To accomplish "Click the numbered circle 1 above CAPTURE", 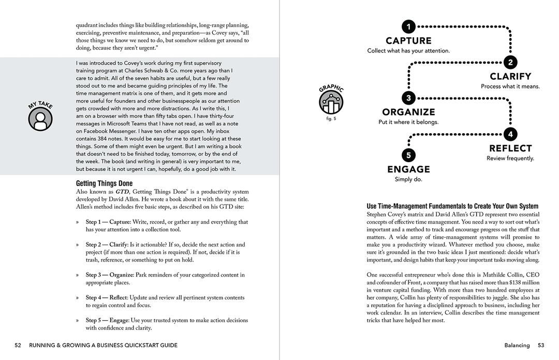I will (408, 26).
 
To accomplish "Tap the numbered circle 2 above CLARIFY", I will (510, 63).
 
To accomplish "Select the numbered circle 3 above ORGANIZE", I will (408, 98).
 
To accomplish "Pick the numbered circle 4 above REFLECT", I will (510, 134).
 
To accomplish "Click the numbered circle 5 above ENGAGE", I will (408, 155).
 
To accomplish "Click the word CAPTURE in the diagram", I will (408, 40).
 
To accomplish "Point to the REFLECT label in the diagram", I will (510, 149).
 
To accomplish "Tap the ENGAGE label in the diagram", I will (408, 169).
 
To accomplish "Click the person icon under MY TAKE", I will (40, 119).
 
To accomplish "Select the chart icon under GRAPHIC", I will (331, 103).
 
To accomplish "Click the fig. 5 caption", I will (331, 119).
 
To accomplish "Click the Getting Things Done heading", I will (104, 183).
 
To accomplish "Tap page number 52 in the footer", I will (18, 345).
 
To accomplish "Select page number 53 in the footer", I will (541, 345).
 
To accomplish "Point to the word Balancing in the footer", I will (517, 345).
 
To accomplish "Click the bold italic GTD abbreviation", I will (122, 192).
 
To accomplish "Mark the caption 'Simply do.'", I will (408, 180).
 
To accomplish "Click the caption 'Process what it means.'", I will (510, 87).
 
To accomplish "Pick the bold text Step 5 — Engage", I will (107, 320).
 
